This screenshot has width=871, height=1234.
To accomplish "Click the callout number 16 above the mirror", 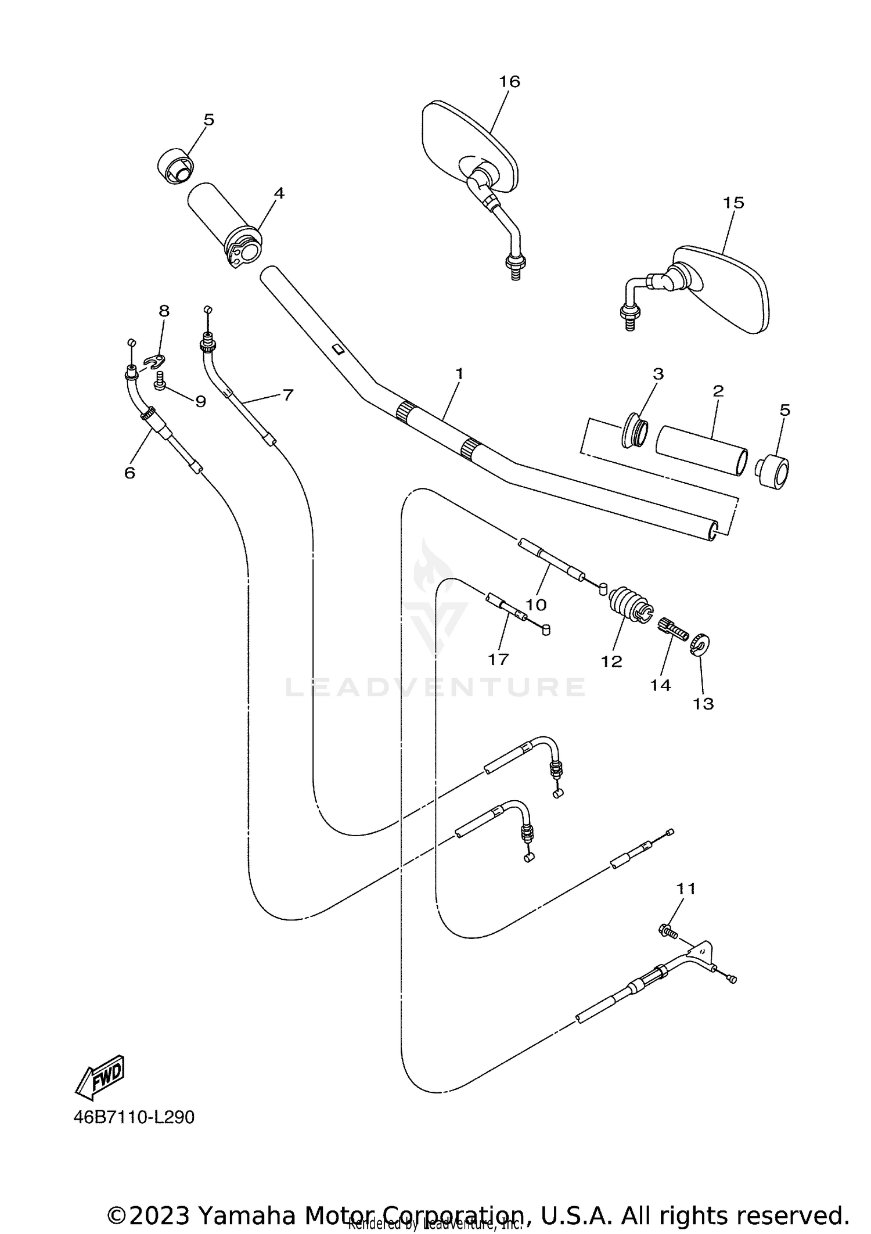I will click(509, 81).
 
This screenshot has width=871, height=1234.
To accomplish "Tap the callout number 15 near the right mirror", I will click(733, 203).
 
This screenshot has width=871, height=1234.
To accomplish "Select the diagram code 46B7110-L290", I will click(134, 1117).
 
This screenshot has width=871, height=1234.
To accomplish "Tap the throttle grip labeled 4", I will click(224, 224).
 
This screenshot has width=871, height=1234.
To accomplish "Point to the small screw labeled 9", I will click(160, 381).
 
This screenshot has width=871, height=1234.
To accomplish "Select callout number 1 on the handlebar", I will click(459, 373).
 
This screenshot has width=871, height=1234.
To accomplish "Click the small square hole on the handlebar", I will click(336, 348).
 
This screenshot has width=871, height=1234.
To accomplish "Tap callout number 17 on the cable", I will click(498, 659).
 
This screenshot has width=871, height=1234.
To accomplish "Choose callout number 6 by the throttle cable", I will click(129, 473).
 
